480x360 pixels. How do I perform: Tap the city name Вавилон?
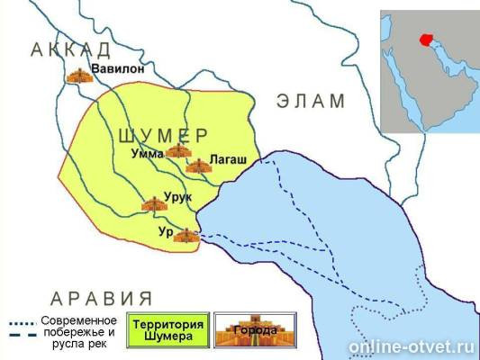click(122, 67)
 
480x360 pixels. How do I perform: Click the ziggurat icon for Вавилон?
click(80, 75)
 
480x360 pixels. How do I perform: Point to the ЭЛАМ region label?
click(312, 101)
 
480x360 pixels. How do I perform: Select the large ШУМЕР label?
click(163, 135)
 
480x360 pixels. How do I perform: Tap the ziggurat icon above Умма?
click(177, 149)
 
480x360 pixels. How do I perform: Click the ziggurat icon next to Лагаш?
click(197, 166)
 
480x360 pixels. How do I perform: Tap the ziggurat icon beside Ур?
click(186, 236)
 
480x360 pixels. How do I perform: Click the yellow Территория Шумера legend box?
click(168, 330)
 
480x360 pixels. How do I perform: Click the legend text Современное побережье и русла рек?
click(79, 330)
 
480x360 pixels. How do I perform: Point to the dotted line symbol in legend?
click(23, 322)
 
